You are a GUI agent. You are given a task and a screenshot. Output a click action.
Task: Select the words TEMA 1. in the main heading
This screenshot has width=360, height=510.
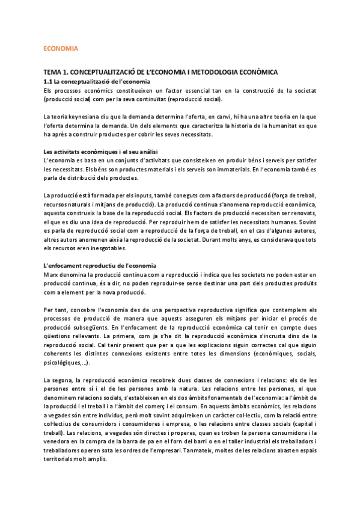click(56, 72)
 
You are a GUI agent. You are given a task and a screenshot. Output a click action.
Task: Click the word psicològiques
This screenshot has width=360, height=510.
click(65, 361)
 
